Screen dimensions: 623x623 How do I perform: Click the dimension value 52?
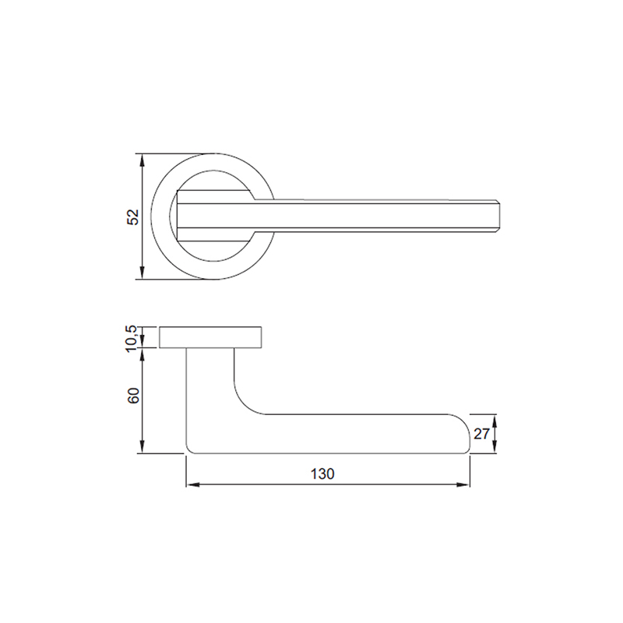coord(134,216)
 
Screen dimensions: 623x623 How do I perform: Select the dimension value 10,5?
coord(132,338)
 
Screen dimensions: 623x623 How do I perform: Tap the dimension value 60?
coord(134,395)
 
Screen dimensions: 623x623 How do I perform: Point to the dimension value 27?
coord(481,434)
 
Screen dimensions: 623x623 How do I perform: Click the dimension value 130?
coord(322,474)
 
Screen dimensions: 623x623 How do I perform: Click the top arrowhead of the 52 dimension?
coord(143,160)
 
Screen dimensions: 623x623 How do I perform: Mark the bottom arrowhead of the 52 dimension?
coord(143,273)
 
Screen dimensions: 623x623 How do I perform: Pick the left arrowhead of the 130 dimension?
coord(192,484)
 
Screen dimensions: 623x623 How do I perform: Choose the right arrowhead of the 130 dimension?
coord(463,484)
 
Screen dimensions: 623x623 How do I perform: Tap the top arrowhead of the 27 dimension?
coord(495,421)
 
